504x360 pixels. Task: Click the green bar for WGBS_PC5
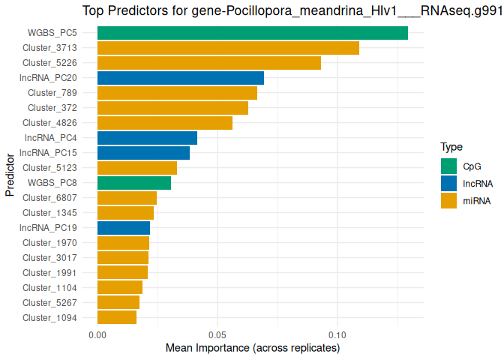pyautogui.click(x=252, y=33)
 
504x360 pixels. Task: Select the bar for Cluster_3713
pyautogui.click(x=228, y=48)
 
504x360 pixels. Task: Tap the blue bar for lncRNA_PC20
pyautogui.click(x=180, y=78)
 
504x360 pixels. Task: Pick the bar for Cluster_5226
pyautogui.click(x=208, y=63)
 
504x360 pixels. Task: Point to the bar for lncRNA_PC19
pyautogui.click(x=123, y=228)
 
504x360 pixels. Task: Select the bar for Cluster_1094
pyautogui.click(x=116, y=318)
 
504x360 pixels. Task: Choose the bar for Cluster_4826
pyautogui.click(x=164, y=123)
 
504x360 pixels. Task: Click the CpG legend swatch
pyautogui.click(x=449, y=166)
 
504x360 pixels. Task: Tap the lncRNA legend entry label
pyautogui.click(x=478, y=183)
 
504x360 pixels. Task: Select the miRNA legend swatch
pyautogui.click(x=449, y=200)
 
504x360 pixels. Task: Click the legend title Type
pyautogui.click(x=451, y=147)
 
